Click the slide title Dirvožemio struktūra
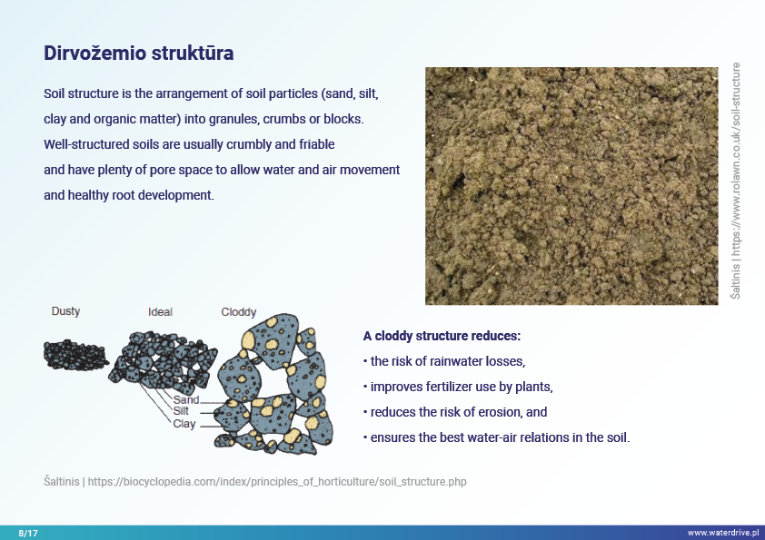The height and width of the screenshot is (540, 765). (139, 54)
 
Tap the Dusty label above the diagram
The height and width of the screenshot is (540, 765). (65, 311)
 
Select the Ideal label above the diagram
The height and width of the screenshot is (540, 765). (160, 312)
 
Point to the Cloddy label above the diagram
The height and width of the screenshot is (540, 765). (239, 312)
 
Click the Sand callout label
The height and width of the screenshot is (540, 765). (186, 399)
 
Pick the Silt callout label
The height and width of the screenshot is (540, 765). (181, 411)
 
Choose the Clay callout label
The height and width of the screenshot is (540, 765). (184, 424)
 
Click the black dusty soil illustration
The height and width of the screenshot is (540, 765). (75, 355)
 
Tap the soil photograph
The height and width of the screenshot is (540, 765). (571, 186)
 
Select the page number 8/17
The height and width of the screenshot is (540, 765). (28, 533)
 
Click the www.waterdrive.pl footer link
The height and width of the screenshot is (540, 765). (723, 533)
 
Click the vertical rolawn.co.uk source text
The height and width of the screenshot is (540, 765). (736, 181)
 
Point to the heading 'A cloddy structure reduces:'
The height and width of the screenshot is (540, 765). (442, 336)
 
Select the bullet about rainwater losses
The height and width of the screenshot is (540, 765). (444, 361)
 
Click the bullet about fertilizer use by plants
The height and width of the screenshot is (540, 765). (458, 387)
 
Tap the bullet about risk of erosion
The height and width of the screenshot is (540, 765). (455, 412)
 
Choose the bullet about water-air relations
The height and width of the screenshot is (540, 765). (497, 437)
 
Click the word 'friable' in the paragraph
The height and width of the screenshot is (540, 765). (317, 144)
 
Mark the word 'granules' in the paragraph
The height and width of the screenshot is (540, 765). (233, 120)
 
